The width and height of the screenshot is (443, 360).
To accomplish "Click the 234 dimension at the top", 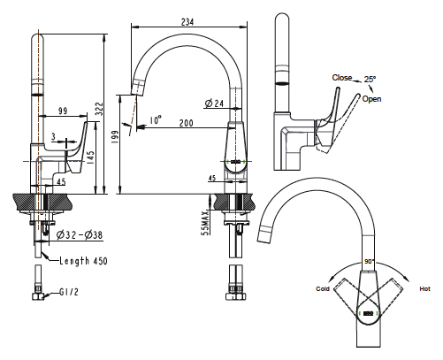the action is point(187,22).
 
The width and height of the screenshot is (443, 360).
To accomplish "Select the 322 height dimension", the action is point(100,109).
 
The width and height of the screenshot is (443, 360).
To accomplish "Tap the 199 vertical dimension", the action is point(115,137).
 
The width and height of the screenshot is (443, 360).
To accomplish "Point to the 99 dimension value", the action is point(63,111).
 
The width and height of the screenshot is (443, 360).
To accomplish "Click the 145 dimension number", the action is point(90,157).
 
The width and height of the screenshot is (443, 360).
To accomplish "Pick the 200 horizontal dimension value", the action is point(187,123).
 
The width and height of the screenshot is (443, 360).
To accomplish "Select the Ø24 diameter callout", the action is point(214,103).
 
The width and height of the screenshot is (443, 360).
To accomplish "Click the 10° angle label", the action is point(156,120).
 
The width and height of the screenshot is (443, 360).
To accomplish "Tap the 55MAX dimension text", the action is point(205,223).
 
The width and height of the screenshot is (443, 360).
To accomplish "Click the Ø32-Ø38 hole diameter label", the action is point(80,235).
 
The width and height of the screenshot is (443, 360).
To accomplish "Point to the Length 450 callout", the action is point(83,261).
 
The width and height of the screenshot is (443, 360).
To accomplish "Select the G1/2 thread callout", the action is point(69,292).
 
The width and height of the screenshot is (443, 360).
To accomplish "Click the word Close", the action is point(342,78).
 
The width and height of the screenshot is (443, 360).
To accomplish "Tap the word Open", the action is point(371,99).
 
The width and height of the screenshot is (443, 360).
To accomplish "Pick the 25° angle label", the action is point(370,79).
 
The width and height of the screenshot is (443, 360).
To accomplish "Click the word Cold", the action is point(323,289).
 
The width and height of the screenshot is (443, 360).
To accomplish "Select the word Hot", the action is point(424,289).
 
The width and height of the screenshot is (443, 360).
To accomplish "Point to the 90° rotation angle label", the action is point(370,262).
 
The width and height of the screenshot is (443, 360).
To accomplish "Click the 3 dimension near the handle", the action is point(53,136).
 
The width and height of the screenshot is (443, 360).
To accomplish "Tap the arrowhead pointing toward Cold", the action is point(332,280).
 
